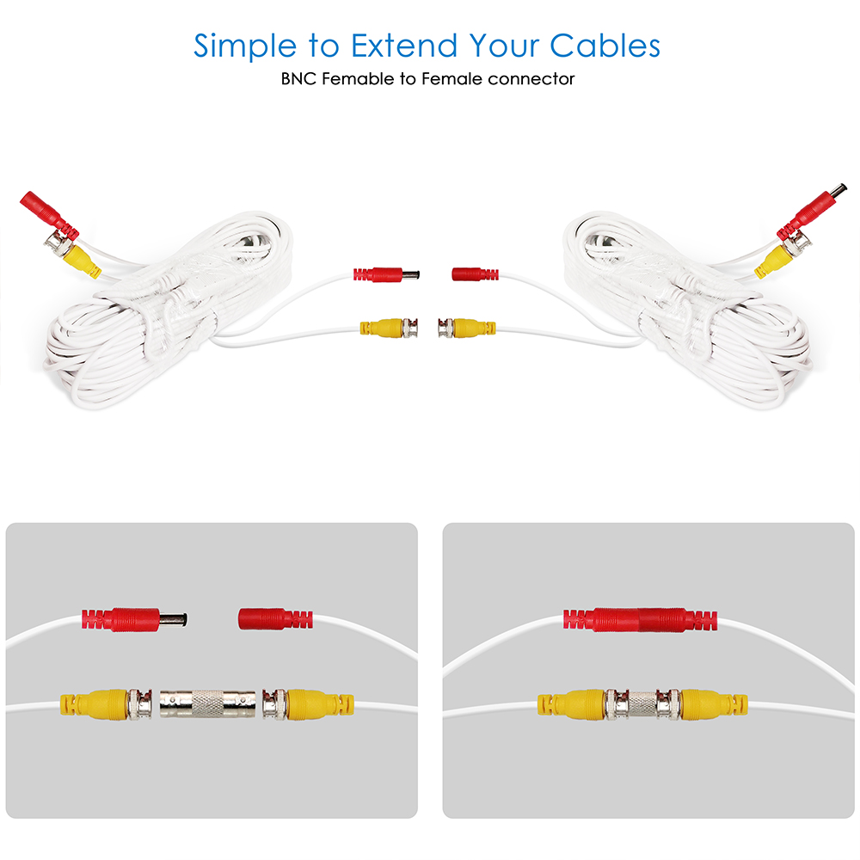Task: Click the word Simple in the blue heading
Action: tap(244, 46)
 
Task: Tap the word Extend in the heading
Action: tap(404, 45)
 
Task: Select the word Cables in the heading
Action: tap(605, 45)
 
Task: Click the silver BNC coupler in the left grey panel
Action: tap(208, 704)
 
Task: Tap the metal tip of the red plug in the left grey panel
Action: tap(174, 620)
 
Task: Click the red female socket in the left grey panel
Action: tap(275, 618)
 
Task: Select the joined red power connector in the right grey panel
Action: tap(640, 620)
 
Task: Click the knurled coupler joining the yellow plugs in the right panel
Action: tap(642, 703)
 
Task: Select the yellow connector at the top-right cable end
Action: tap(775, 261)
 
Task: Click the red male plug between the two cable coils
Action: tap(386, 273)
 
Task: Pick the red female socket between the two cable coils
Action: tap(475, 273)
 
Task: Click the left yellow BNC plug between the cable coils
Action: tap(389, 328)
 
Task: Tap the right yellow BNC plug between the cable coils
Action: tap(467, 328)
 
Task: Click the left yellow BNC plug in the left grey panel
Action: tap(105, 704)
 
